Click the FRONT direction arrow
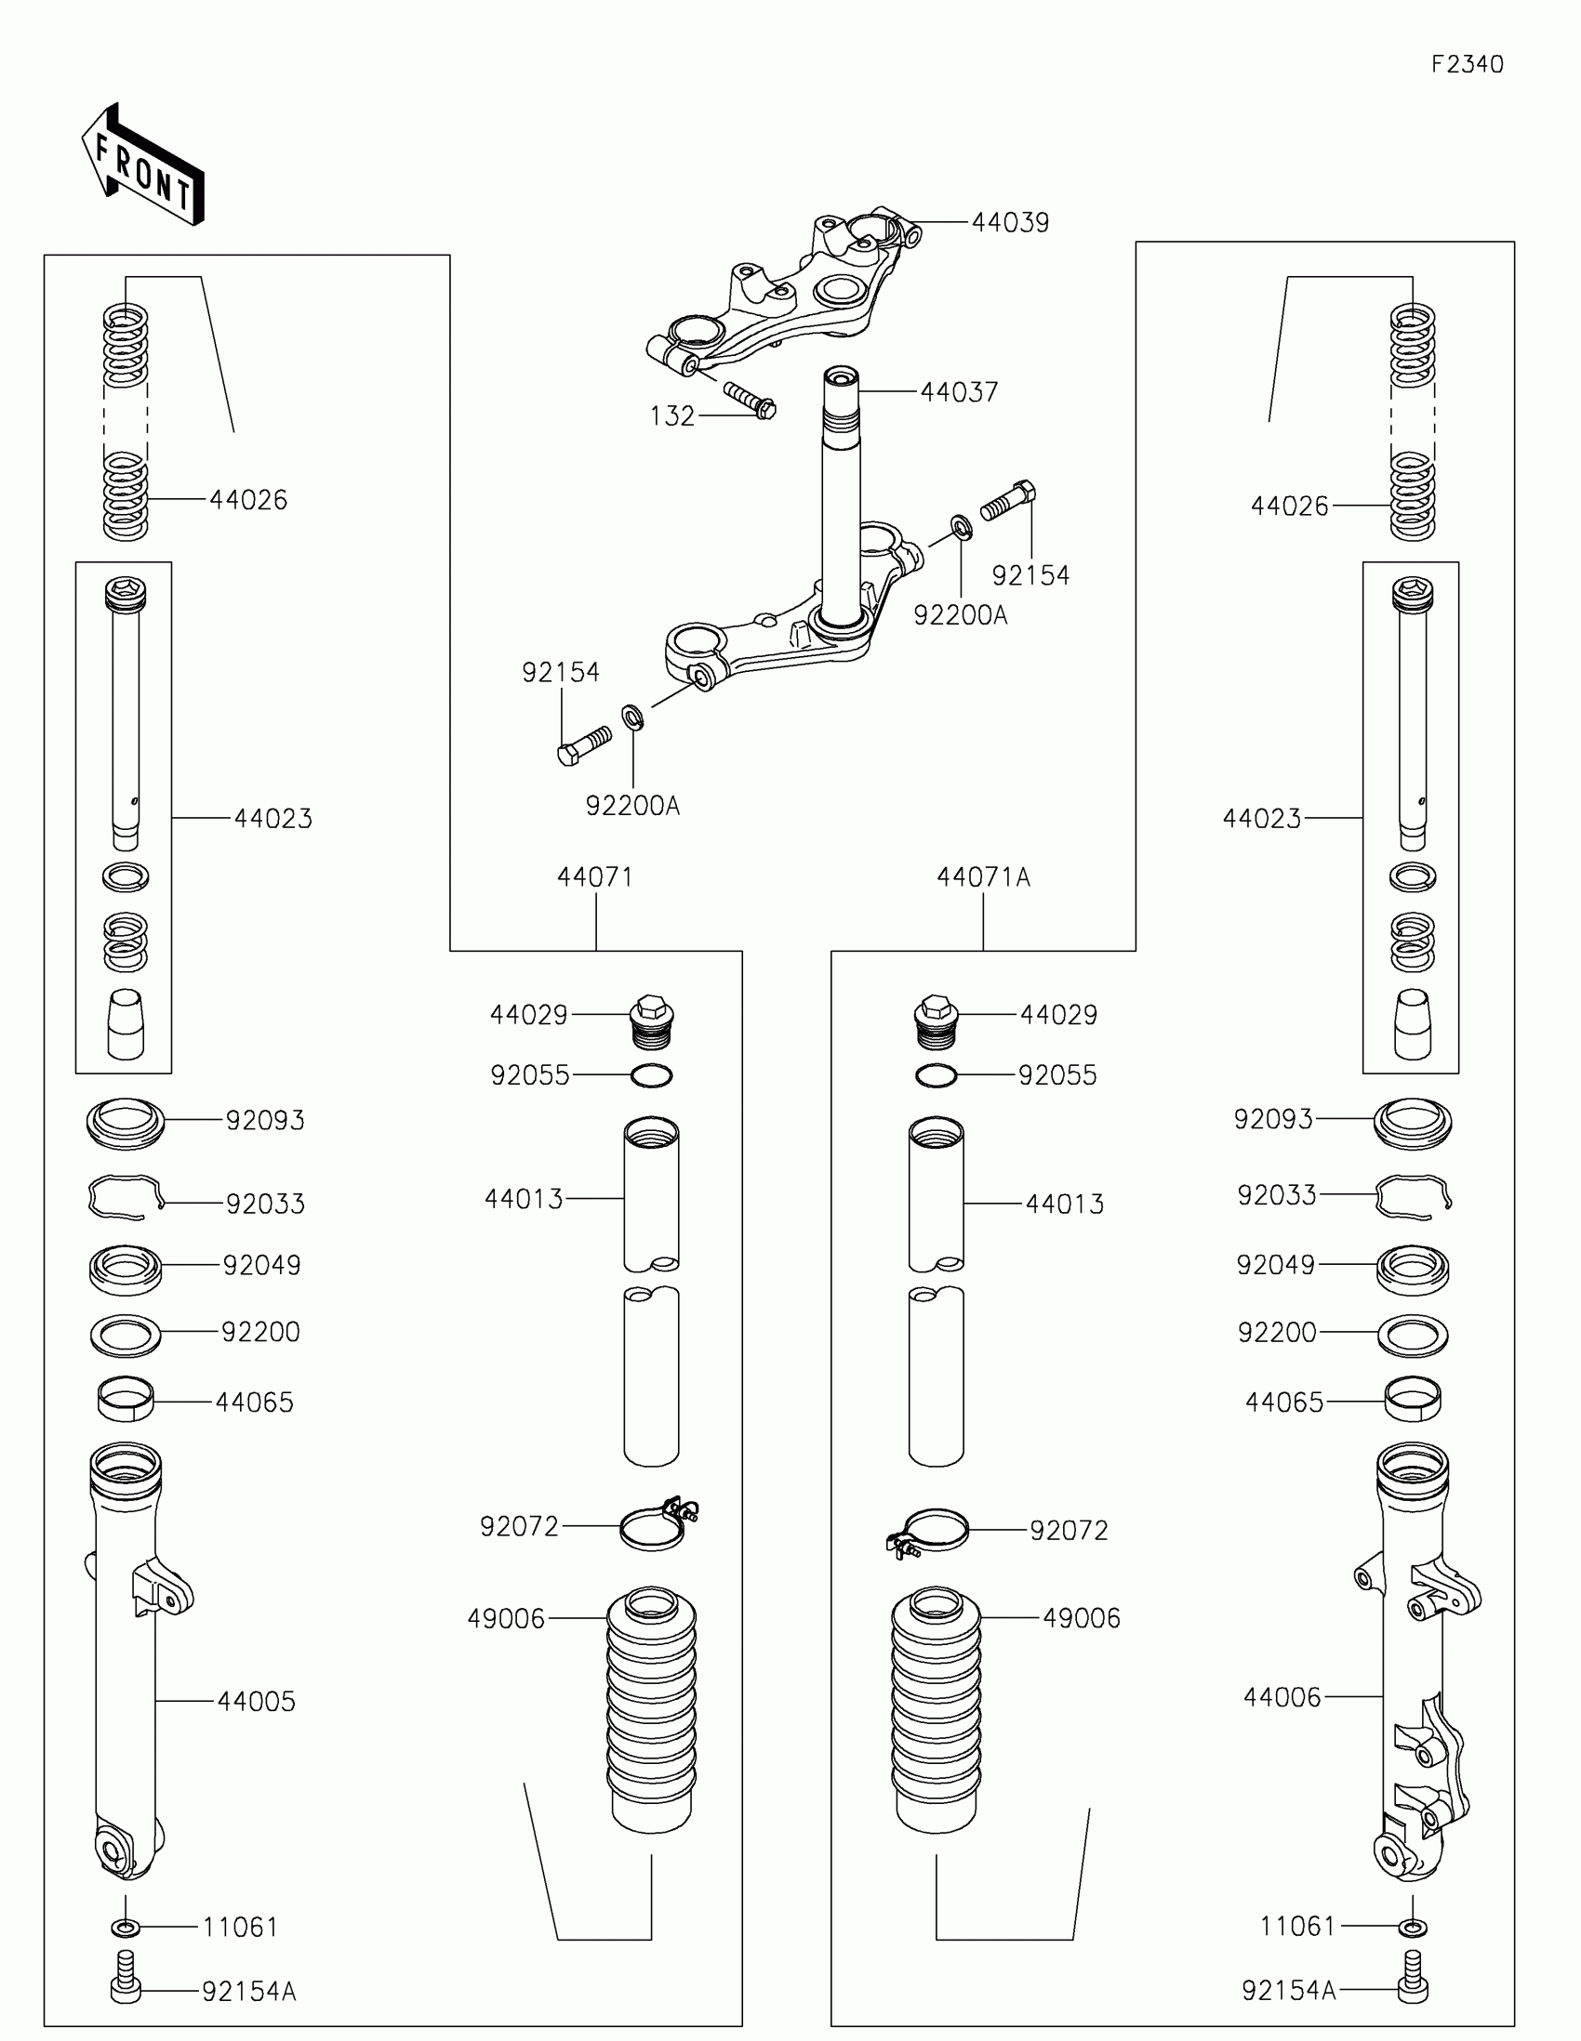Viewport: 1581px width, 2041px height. point(142,165)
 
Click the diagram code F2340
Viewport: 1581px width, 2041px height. point(1467,64)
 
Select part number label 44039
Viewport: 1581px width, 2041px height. point(1010,223)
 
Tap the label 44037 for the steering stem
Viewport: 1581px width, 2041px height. point(958,392)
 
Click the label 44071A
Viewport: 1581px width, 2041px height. point(983,877)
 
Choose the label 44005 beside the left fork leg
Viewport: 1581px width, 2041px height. point(256,1701)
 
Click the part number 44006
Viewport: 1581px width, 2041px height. point(1281,1697)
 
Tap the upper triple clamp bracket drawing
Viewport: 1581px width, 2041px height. point(785,299)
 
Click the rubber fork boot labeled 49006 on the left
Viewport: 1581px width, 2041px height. point(652,1710)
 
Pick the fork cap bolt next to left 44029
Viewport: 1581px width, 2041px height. point(653,1023)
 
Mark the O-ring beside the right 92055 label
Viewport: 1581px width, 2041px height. point(936,1075)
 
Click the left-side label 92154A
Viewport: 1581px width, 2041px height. point(248,1992)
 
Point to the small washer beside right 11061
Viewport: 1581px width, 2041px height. point(1413,1927)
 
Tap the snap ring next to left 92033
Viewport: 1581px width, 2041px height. point(126,1197)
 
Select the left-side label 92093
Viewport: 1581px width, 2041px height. point(265,1121)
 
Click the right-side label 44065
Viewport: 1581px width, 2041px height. point(1283,1402)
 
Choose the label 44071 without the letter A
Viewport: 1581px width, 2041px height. point(594,877)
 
